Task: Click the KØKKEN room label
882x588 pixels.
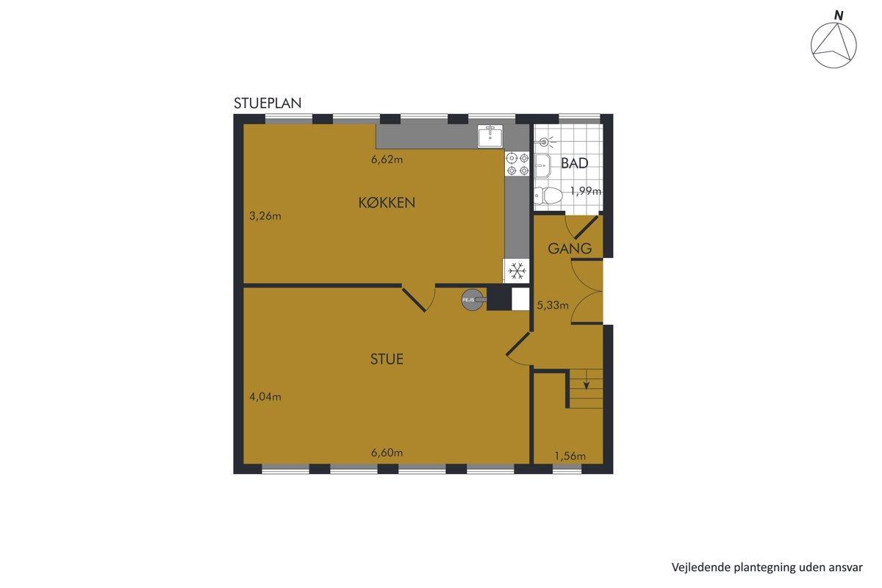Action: [x=387, y=202]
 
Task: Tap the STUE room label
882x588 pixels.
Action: [x=387, y=359]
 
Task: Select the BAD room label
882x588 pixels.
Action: [x=575, y=163]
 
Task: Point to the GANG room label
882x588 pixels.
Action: [x=570, y=248]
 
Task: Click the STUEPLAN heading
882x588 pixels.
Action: [x=268, y=103]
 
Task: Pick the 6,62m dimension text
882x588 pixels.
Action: [x=387, y=159]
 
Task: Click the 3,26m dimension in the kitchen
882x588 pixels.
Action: [x=265, y=216]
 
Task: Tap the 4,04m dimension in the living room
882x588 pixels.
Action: [x=265, y=397]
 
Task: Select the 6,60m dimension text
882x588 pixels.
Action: [x=387, y=453]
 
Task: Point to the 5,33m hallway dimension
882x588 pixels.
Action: [x=553, y=305]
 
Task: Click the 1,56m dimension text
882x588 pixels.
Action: [x=570, y=456]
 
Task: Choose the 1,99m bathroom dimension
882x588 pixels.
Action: [x=586, y=191]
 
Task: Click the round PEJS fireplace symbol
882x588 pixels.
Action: [x=473, y=300]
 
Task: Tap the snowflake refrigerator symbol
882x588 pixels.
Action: [x=517, y=271]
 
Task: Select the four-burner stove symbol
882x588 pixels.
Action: [x=517, y=164]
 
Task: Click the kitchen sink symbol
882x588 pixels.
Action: [x=490, y=136]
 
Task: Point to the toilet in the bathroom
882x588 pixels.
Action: [x=548, y=196]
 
